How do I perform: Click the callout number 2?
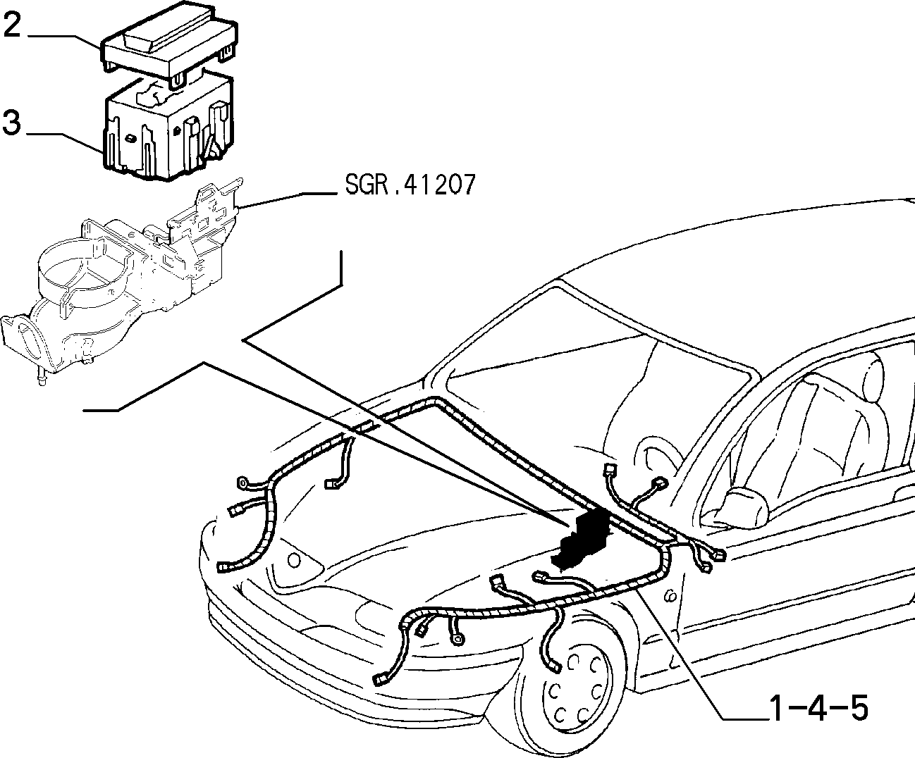pos(12,25)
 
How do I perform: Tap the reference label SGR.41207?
pos(410,185)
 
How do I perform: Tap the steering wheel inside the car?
pos(657,464)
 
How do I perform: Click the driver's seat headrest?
pos(872,378)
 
